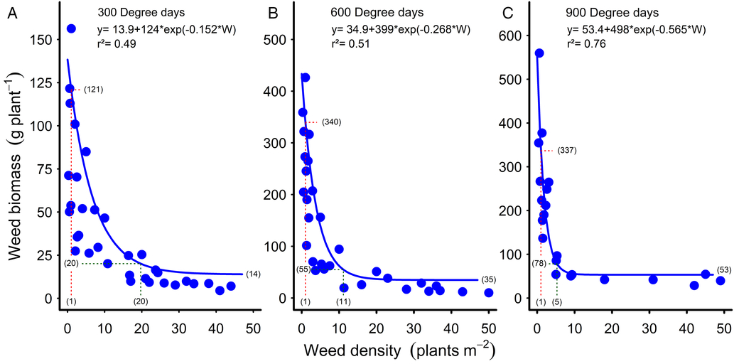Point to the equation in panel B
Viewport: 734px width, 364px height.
[x=401, y=29]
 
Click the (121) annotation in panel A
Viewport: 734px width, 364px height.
[x=94, y=90]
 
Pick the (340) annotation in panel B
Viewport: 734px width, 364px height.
[x=331, y=122]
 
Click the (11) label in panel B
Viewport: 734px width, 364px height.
[x=343, y=301]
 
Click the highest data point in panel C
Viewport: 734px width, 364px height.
[x=539, y=53]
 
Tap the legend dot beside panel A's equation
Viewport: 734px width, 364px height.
[x=71, y=29]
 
